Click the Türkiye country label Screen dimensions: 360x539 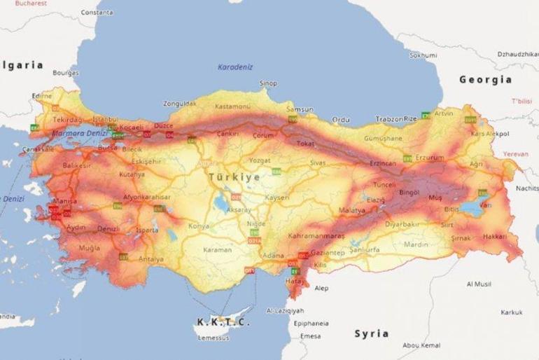coord(233,177)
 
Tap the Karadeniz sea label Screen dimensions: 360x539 coord(234,67)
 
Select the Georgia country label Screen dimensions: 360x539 coord(485,80)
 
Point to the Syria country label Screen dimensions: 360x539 coord(371,333)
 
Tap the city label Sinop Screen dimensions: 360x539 coord(269,83)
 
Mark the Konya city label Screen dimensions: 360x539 coord(199,226)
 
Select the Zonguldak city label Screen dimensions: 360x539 coord(181,104)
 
